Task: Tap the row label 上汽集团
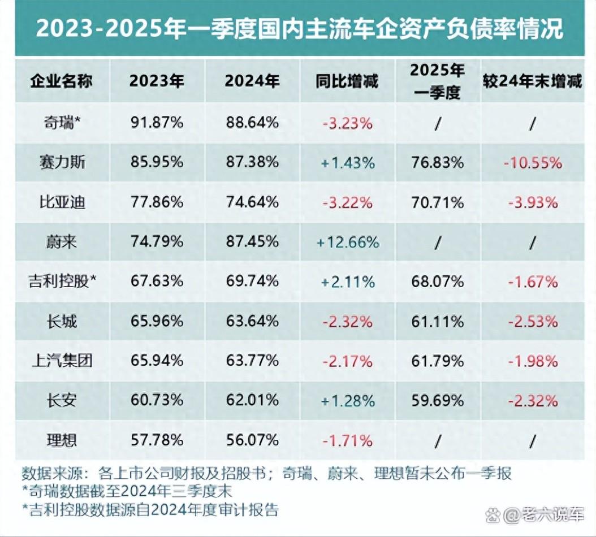point(61,360)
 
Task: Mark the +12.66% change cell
point(347,242)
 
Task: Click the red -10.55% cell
point(533,163)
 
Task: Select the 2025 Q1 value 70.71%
point(438,202)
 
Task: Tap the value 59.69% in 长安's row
point(438,400)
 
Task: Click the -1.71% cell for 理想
point(347,440)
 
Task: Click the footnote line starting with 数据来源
point(266,473)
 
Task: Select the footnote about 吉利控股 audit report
point(150,510)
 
